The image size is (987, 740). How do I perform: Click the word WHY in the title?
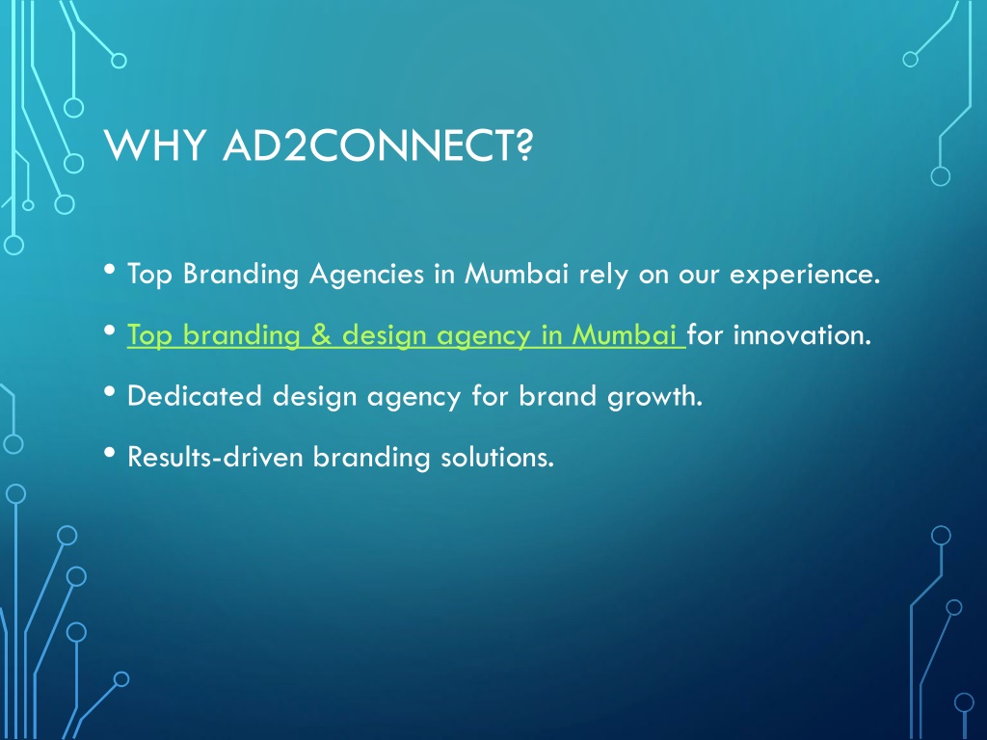tap(154, 145)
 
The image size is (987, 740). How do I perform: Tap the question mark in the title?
tap(521, 145)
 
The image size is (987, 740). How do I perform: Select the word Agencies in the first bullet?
tap(367, 275)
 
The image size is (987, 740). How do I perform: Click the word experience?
tap(805, 275)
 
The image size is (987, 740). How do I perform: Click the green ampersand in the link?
tap(321, 334)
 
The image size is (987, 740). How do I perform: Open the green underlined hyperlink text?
tap(406, 335)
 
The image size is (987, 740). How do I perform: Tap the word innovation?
tap(802, 334)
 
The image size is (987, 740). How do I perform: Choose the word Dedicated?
tap(194, 396)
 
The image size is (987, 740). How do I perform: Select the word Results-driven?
tap(215, 457)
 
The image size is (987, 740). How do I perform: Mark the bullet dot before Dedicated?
tap(110, 392)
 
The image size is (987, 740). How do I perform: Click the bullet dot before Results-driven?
tap(110, 453)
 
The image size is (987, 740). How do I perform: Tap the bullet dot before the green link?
tap(110, 331)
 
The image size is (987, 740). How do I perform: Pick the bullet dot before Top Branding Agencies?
tap(110, 270)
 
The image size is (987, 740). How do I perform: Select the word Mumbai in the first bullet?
tap(517, 274)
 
